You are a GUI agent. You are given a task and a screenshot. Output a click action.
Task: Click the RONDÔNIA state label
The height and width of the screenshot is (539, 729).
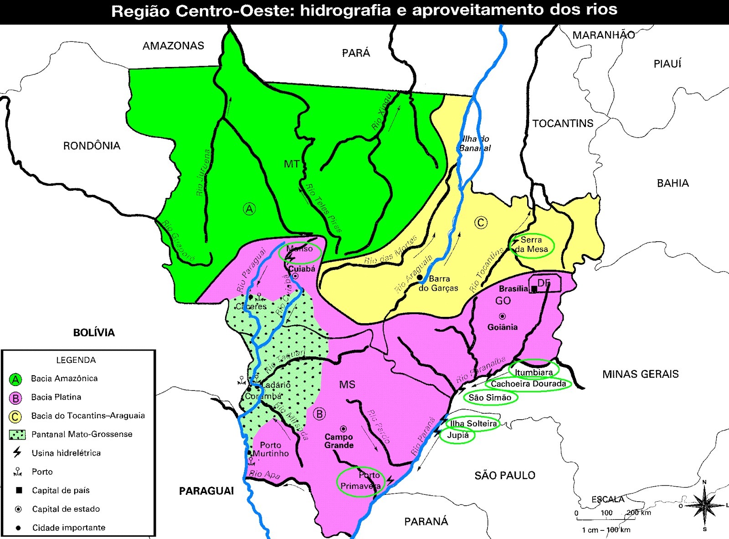[92, 146]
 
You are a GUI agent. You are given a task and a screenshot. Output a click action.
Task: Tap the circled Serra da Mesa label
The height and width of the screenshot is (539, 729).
[531, 245]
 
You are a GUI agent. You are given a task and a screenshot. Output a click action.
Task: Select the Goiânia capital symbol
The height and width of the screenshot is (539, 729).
[502, 316]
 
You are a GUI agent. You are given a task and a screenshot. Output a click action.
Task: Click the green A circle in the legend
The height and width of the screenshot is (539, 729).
[15, 379]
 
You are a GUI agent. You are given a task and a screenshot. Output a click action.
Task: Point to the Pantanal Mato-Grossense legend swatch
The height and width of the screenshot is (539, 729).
[17, 435]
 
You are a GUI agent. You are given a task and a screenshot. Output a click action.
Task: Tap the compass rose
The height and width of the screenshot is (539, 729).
[704, 505]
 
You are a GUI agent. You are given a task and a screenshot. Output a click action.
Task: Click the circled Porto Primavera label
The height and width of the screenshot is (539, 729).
[360, 481]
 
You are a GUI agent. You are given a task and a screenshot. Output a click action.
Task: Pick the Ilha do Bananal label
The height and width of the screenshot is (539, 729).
[475, 143]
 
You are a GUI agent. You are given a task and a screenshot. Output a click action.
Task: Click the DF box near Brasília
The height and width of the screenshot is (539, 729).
[544, 283]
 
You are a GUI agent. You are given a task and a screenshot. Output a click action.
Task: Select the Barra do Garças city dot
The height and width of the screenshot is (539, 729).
[420, 277]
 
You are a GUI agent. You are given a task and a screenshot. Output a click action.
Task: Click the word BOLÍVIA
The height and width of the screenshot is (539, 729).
[94, 333]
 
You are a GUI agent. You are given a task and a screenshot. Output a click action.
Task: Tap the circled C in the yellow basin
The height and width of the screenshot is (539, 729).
[481, 223]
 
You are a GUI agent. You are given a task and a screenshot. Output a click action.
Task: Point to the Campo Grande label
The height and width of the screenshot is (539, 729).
[339, 441]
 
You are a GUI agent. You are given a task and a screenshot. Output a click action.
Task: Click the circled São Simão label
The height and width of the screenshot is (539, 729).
[490, 397]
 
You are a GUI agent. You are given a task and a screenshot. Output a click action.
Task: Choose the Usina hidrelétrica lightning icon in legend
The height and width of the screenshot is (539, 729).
[17, 452]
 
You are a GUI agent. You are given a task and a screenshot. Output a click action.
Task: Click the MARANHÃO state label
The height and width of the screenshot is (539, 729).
[603, 36]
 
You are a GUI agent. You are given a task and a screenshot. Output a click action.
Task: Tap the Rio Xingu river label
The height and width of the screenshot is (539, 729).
[381, 112]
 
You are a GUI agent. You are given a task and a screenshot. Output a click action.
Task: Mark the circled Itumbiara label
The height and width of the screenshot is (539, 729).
[534, 372]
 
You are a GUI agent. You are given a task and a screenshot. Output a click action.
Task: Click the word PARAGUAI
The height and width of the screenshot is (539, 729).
[206, 491]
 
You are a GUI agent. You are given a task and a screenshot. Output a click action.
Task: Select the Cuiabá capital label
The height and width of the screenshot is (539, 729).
[302, 269]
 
